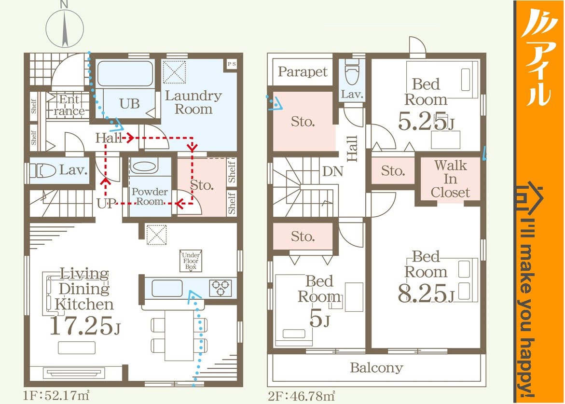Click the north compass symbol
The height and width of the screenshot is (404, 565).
click(65, 27)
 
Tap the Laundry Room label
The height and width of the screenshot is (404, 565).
click(193, 102)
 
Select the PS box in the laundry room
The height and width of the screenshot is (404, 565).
click(231, 64)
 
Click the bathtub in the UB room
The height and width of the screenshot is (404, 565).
click(125, 73)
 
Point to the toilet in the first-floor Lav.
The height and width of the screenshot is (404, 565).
click(42, 170)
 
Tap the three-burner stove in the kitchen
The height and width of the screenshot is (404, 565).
click(220, 288)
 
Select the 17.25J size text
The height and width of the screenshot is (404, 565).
click(85, 326)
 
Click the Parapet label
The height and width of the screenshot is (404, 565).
click(303, 72)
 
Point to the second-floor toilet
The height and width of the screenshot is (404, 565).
click(352, 71)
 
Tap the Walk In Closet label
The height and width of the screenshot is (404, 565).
click(451, 179)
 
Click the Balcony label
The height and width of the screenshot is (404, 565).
click(376, 368)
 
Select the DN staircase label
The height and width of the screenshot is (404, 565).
click(332, 171)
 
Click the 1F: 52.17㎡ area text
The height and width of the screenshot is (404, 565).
click(56, 396)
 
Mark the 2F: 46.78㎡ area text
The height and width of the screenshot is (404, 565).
click(301, 396)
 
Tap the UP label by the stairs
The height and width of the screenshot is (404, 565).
click(106, 204)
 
